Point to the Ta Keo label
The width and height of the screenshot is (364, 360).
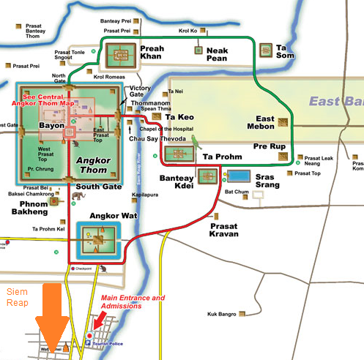coord(179,116)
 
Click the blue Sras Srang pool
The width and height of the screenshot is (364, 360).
coord(238,176)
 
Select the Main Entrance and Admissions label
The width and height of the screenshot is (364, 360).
coord(133,302)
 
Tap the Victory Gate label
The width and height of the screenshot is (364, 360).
coord(140,92)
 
